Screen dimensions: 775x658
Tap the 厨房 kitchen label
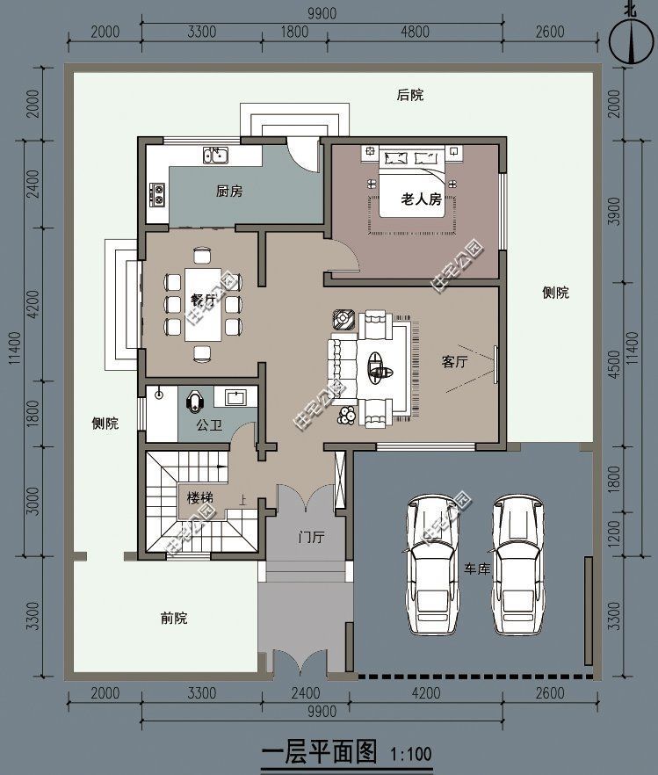tap(228, 192)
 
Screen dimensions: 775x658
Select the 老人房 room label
tap(421, 199)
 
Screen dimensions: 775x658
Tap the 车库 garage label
tap(477, 569)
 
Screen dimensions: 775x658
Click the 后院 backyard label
tap(409, 95)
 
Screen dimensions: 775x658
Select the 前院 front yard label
tap(173, 618)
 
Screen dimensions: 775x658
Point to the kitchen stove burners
tap(158, 193)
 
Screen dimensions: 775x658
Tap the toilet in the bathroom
tap(195, 401)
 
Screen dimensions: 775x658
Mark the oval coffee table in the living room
tap(380, 365)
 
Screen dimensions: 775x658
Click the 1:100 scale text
tap(410, 754)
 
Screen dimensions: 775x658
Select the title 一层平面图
tap(319, 752)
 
